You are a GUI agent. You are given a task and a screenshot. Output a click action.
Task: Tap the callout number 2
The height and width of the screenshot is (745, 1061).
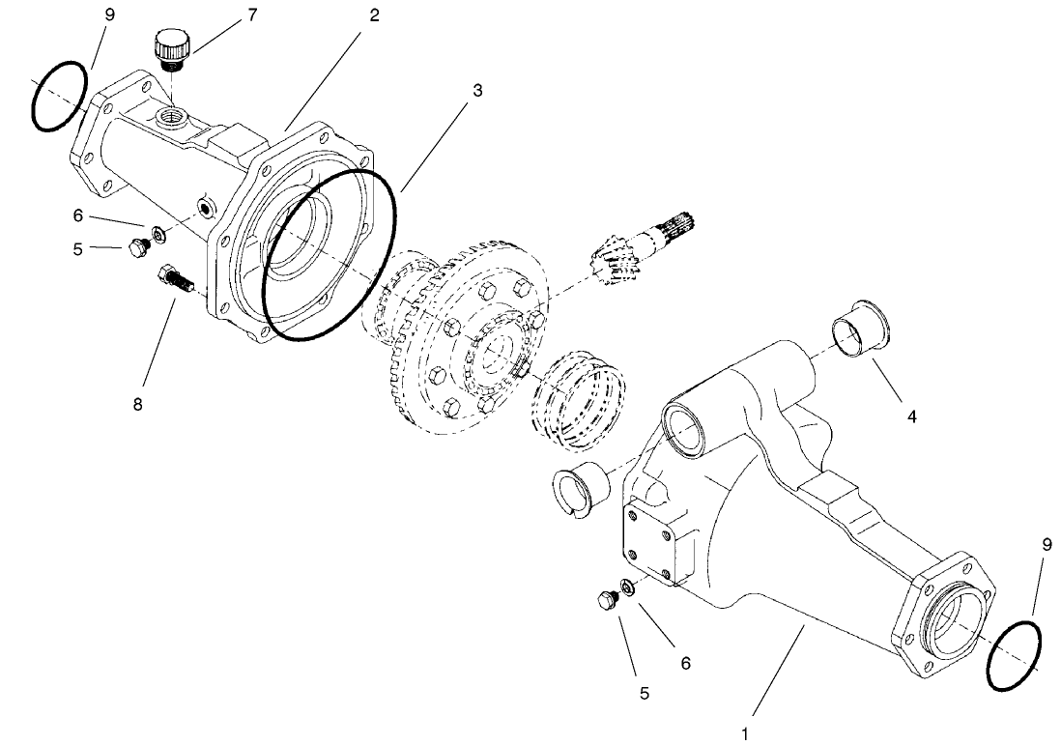coord(374,15)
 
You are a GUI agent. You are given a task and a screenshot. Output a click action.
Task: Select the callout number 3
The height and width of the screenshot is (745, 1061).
coord(477,90)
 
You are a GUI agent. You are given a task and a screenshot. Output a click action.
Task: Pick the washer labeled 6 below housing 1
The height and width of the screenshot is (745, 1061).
coord(627,586)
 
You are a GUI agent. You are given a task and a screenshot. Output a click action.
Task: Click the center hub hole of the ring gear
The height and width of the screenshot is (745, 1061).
coord(496,352)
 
